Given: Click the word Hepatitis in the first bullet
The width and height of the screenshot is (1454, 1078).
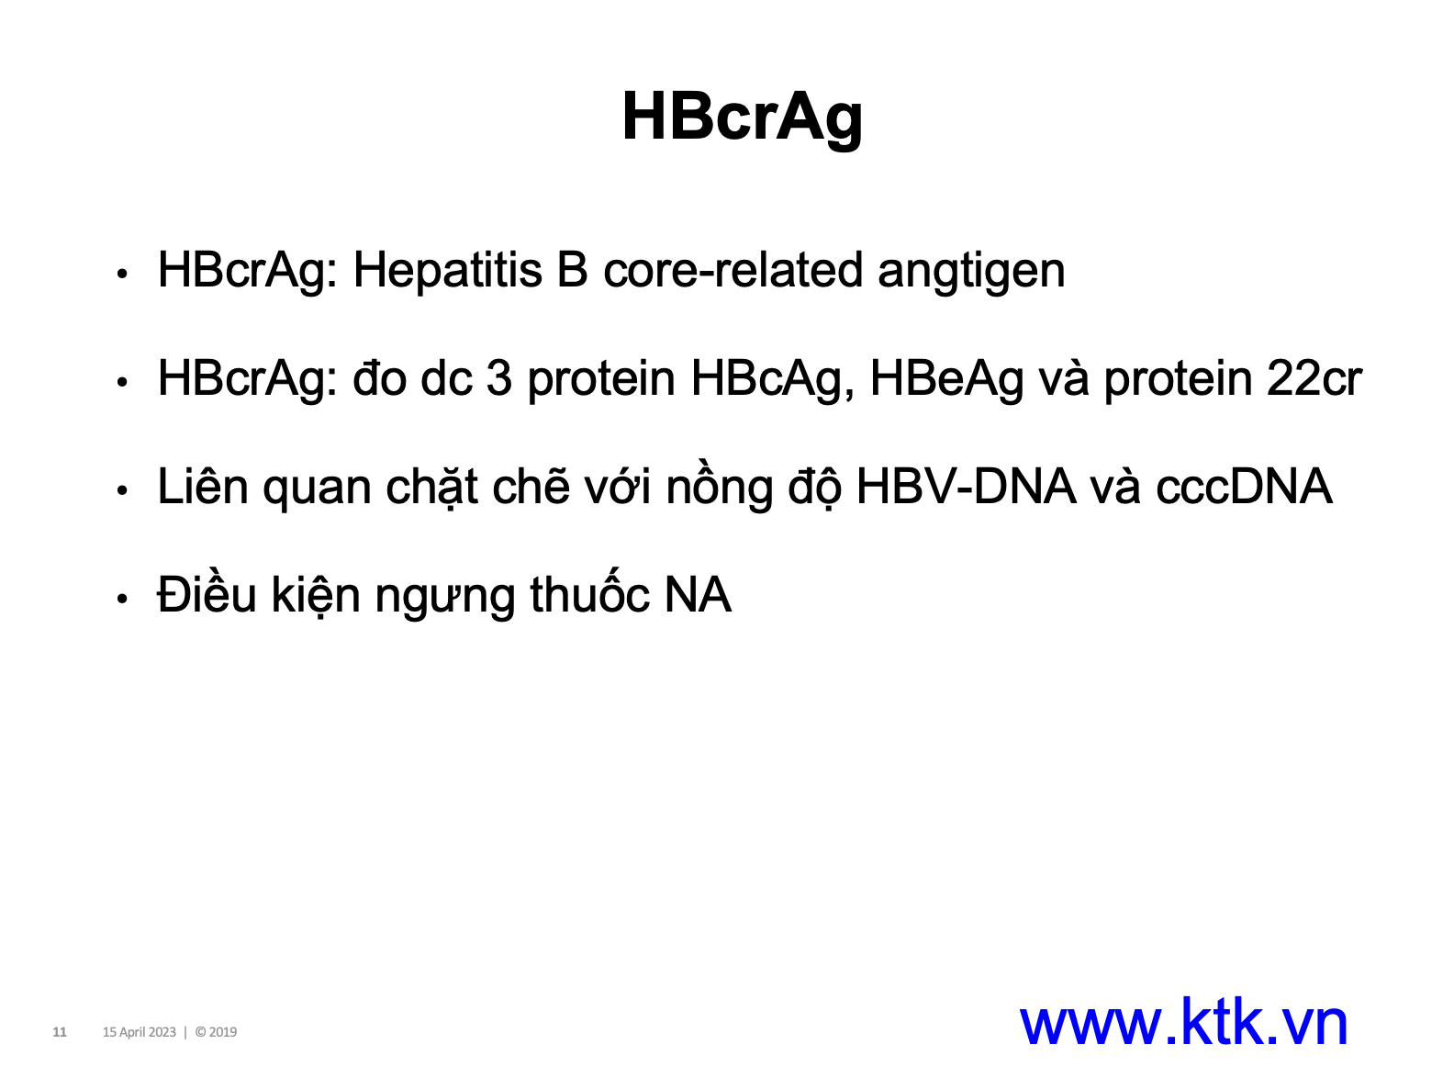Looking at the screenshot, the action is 448,270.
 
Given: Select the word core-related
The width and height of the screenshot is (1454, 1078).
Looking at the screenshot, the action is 733,270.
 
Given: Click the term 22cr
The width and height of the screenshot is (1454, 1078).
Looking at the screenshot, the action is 1314,378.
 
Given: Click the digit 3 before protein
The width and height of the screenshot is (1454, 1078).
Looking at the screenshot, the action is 498,378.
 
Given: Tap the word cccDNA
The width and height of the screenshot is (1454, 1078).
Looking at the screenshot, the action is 1244,488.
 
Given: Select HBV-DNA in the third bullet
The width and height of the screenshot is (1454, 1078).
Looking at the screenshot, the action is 967,487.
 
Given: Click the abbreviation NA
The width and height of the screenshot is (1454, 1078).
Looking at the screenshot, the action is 699,595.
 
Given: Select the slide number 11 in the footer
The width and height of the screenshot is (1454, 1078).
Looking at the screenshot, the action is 60,1032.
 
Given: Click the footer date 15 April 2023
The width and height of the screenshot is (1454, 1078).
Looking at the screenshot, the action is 140,1032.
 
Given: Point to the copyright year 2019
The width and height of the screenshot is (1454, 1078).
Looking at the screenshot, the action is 223,1032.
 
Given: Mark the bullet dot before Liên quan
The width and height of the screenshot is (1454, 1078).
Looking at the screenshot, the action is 121,489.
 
